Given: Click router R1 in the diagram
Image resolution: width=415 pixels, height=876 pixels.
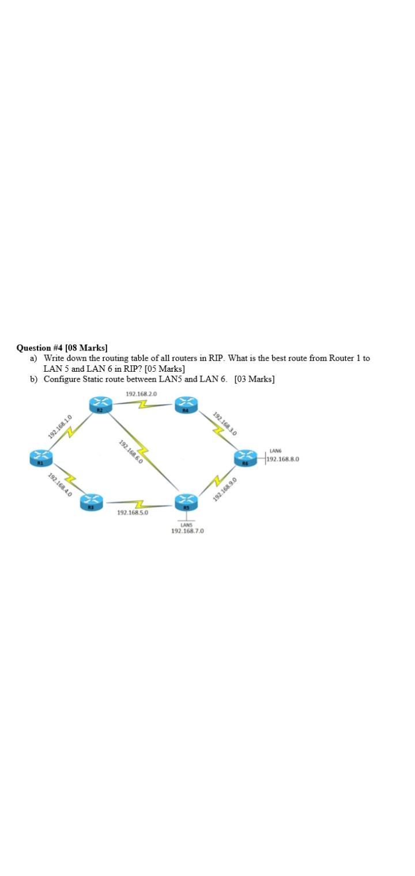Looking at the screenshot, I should (40, 459).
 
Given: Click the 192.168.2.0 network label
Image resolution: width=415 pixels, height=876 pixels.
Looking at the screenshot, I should (141, 394).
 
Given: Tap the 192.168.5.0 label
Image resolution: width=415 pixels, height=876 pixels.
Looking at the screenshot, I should (133, 512).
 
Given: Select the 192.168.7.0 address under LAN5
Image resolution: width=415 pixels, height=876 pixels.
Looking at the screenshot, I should (187, 531).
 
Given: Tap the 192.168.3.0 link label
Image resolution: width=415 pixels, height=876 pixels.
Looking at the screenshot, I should (225, 422).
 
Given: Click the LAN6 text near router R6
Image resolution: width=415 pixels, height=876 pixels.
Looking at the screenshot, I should (275, 451).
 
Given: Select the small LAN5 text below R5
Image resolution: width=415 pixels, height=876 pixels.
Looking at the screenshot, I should (186, 524).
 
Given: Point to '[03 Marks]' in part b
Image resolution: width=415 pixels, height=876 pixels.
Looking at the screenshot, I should (255, 379).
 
